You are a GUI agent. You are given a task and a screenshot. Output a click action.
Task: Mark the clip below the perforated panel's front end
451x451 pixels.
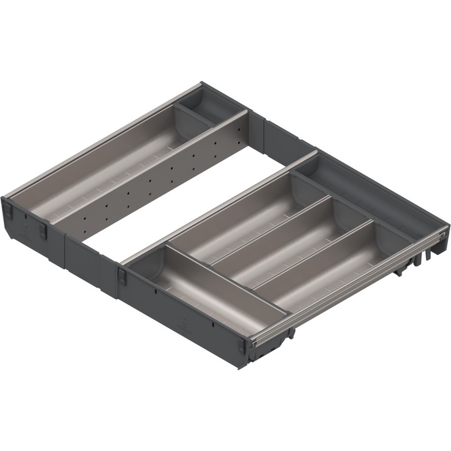(x=43, y=231)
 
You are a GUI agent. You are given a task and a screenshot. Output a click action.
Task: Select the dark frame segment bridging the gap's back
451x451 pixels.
(x=276, y=135)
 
